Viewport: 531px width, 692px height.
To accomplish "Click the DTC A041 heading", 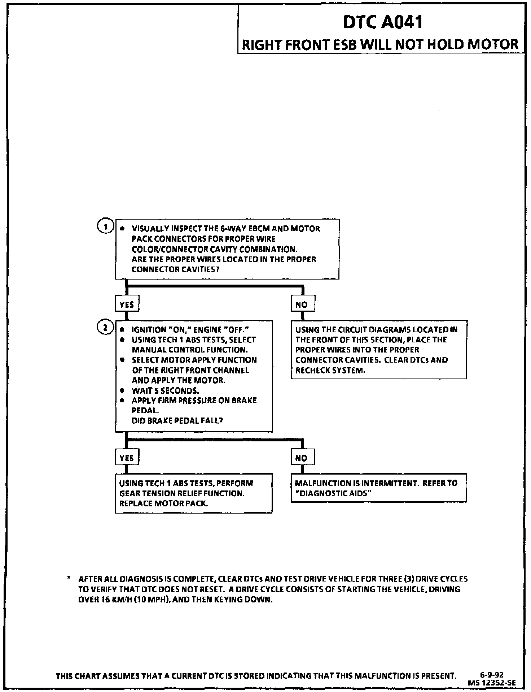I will tap(383, 22).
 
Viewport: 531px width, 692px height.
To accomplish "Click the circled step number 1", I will tap(105, 226).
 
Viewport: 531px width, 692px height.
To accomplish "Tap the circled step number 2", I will tap(105, 328).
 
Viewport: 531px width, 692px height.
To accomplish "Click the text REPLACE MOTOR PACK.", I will tap(163, 503).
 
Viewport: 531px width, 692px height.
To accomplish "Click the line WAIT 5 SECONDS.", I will tap(165, 390).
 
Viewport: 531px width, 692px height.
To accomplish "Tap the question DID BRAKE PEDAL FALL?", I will tap(177, 421).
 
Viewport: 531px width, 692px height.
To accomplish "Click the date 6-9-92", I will tap(492, 674).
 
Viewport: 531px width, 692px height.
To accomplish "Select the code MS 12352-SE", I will tap(492, 682).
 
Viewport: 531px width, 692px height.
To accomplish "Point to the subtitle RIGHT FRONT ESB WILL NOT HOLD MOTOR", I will tap(380, 45).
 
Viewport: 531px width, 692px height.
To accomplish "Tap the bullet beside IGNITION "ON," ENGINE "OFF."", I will tap(123, 330).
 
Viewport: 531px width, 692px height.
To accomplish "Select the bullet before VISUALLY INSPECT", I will tap(123, 229).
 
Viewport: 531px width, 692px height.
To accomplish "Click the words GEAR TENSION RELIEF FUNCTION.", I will tap(182, 493).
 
